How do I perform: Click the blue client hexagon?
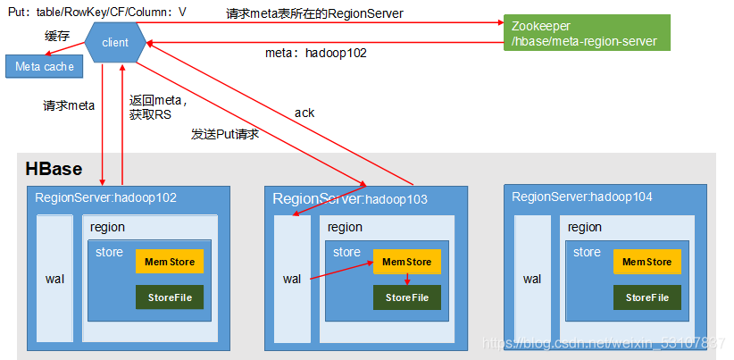click(115, 42)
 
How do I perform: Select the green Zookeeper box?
click(585, 32)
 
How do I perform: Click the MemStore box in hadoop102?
click(170, 261)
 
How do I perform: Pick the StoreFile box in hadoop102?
click(170, 297)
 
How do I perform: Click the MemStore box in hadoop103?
click(407, 262)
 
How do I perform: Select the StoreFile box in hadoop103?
click(407, 297)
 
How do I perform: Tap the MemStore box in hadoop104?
click(646, 262)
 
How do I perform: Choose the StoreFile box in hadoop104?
click(646, 297)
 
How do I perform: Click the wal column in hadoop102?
click(54, 279)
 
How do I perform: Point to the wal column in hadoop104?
click(532, 279)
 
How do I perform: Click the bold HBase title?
click(54, 169)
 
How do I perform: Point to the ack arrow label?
click(304, 113)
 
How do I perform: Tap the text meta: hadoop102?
click(316, 53)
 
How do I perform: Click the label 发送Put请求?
click(224, 134)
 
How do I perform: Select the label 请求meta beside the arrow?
click(69, 105)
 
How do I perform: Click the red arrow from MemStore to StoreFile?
click(407, 280)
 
